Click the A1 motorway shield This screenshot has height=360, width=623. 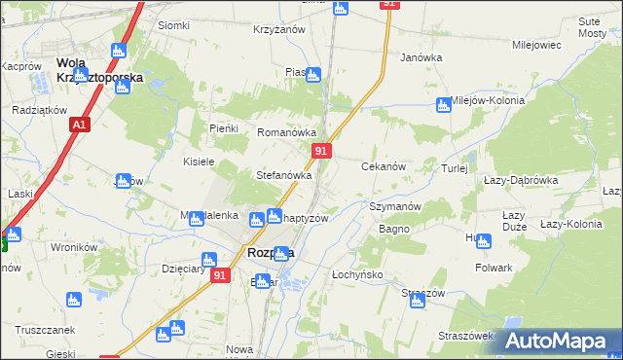[80, 125]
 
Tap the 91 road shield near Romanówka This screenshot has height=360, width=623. [322, 151]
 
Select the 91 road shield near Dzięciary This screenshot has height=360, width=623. [220, 276]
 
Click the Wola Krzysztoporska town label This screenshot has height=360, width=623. [98, 69]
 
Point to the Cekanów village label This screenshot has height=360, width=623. [384, 166]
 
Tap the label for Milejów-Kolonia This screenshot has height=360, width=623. [488, 100]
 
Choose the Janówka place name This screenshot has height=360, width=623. [421, 57]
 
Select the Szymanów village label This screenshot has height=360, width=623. [394, 206]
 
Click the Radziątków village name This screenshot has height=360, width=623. [38, 110]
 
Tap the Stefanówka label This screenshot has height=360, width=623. [282, 176]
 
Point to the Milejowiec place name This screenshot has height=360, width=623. [535, 45]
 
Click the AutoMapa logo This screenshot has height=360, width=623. [558, 341]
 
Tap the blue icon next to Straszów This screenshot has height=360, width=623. [417, 302]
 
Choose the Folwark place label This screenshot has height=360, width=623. [494, 267]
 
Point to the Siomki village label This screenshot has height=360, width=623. [173, 25]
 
